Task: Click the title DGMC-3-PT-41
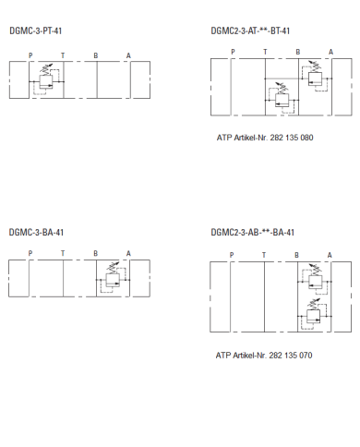pos(36,30)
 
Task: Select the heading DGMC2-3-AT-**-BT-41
pos(250,30)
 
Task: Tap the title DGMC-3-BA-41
pos(36,232)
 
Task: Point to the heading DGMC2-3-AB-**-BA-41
pos(252,232)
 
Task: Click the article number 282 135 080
pos(292,138)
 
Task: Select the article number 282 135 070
pos(291,356)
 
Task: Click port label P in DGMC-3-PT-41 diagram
pos(30,55)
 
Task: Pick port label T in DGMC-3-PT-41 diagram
pos(63,55)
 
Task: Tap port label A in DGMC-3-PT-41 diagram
pos(128,55)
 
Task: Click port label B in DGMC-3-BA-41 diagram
pos(95,253)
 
